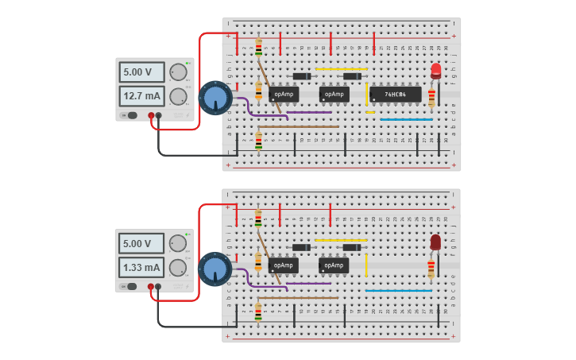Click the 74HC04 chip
(395, 95)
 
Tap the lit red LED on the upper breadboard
(435, 71)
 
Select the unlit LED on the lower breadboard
(435, 242)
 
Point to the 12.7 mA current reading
(141, 97)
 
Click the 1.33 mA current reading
(141, 268)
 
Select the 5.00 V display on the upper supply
(141, 72)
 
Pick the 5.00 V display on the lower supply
(141, 243)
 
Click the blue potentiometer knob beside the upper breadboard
(215, 98)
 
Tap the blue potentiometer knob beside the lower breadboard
(215, 269)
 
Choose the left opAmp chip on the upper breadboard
(284, 95)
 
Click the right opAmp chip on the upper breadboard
(334, 95)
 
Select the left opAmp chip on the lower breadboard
(284, 265)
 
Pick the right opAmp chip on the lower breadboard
(334, 265)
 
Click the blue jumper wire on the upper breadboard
(406, 120)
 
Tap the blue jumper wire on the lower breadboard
(398, 291)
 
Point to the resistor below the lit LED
(431, 97)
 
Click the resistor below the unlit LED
(431, 268)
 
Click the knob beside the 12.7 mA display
(178, 97)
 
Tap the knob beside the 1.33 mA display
(178, 268)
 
